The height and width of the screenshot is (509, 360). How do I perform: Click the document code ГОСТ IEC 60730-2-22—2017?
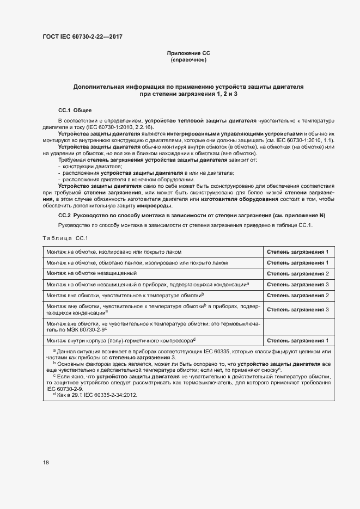pyautogui.click(x=82, y=36)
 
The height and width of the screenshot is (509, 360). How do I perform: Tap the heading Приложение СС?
pyautogui.click(x=188, y=53)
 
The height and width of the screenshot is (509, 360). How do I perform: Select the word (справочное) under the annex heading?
pyautogui.click(x=188, y=59)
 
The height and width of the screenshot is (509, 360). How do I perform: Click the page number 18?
pyautogui.click(x=46, y=463)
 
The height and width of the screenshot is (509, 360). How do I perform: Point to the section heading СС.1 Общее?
pyautogui.click(x=75, y=110)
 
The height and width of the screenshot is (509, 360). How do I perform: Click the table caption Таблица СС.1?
pyautogui.click(x=65, y=238)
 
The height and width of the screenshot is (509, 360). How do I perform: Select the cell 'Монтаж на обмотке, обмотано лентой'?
pyautogui.click(x=137, y=262)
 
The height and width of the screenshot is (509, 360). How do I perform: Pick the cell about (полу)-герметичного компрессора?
pyautogui.click(x=121, y=340)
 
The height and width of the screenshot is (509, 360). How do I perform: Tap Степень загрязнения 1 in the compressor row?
pyautogui.click(x=298, y=340)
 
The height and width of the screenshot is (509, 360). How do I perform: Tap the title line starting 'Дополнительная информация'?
pyautogui.click(x=188, y=87)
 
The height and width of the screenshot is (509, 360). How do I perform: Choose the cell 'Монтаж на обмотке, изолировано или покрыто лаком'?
pyautogui.click(x=114, y=252)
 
